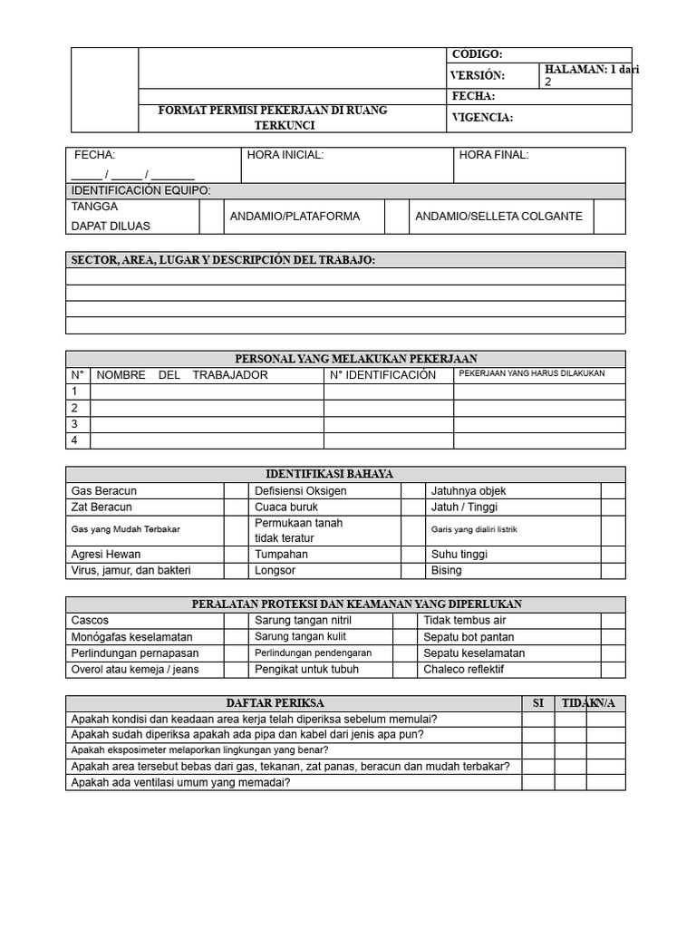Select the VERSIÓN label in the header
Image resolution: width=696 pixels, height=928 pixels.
click(478, 75)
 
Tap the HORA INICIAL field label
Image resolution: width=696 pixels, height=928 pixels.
click(285, 155)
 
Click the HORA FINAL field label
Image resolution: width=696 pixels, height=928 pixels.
click(494, 155)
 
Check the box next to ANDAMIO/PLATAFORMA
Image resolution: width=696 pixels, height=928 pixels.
click(396, 217)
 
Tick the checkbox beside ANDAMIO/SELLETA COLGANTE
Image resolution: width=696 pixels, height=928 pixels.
click(609, 217)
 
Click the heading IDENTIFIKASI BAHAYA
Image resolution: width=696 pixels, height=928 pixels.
click(329, 474)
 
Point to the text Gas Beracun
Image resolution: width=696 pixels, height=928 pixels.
click(104, 490)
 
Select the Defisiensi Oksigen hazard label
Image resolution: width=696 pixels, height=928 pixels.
click(301, 490)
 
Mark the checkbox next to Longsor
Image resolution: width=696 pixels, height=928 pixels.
click(413, 571)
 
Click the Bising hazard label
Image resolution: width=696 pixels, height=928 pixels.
click(447, 571)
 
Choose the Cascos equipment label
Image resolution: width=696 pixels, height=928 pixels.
click(90, 621)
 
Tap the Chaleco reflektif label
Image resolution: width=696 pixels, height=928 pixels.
click(464, 670)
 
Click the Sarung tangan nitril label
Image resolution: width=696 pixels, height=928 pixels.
click(303, 621)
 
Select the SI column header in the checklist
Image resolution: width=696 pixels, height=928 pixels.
click(537, 703)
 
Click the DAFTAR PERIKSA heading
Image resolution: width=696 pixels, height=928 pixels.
click(275, 703)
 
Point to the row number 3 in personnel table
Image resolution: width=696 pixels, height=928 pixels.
click(75, 424)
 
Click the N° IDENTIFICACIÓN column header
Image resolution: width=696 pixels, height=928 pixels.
click(382, 375)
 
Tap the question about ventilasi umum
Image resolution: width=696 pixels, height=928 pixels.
click(181, 783)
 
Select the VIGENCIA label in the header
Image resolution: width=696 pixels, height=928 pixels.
click(482, 117)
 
